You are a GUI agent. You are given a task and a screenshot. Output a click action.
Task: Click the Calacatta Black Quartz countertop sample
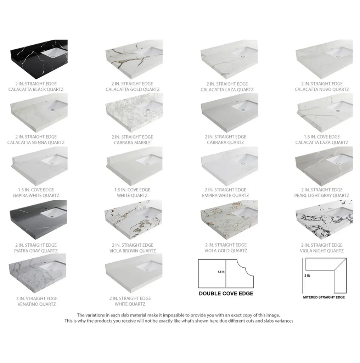click(x=39, y=59)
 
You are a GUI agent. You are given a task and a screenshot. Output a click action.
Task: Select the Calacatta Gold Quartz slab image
click(x=134, y=59)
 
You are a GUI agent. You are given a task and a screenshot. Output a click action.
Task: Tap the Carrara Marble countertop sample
click(x=134, y=113)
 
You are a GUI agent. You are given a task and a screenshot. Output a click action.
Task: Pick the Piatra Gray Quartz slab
click(x=38, y=220)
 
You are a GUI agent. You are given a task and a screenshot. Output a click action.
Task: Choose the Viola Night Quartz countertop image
click(x=324, y=220)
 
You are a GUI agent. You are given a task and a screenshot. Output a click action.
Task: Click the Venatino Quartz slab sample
click(x=37, y=273)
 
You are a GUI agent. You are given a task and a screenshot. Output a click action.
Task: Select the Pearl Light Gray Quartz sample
click(x=324, y=166)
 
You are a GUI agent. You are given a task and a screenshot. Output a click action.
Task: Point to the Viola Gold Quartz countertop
click(x=229, y=220)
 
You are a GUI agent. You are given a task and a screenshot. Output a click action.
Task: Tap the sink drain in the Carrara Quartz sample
click(x=243, y=110)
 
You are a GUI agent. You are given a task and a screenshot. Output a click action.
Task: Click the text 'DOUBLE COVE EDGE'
click(x=226, y=294)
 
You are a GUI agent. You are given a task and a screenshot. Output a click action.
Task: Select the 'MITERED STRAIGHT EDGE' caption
click(x=324, y=297)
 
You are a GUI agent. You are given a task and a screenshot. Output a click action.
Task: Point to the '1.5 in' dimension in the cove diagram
click(x=221, y=272)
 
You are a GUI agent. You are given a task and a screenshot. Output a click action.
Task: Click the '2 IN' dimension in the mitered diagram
click(x=307, y=276)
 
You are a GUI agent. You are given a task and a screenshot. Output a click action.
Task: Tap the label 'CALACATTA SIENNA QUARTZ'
click(x=36, y=143)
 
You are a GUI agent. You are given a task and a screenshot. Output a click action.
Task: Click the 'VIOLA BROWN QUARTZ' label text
click(x=133, y=251)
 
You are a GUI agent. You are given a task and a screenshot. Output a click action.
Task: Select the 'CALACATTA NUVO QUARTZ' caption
click(x=322, y=90)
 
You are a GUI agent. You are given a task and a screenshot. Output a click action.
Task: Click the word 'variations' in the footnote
click(x=95, y=315)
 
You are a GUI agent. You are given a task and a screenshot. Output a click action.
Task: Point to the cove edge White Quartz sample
click(x=134, y=166)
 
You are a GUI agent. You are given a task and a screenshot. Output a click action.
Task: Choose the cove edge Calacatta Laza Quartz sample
click(x=324, y=113)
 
